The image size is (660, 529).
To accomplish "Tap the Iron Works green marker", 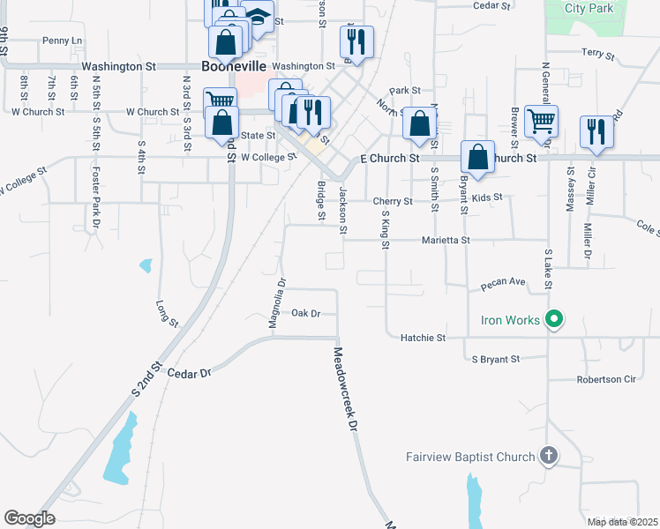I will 554,319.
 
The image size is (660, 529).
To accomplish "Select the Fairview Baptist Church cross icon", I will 548,456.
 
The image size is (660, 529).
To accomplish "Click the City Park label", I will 589,8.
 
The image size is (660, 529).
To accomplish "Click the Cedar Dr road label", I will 195,373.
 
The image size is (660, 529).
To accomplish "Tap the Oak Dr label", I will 304,313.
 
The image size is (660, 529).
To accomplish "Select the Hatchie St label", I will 423,337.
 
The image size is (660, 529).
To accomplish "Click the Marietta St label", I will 446,239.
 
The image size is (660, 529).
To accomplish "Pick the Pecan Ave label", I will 503,284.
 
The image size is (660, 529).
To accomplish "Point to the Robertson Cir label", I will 606,380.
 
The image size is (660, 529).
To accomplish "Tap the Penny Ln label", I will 62,41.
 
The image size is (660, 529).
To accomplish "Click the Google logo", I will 29,518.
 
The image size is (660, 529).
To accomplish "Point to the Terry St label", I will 597,54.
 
